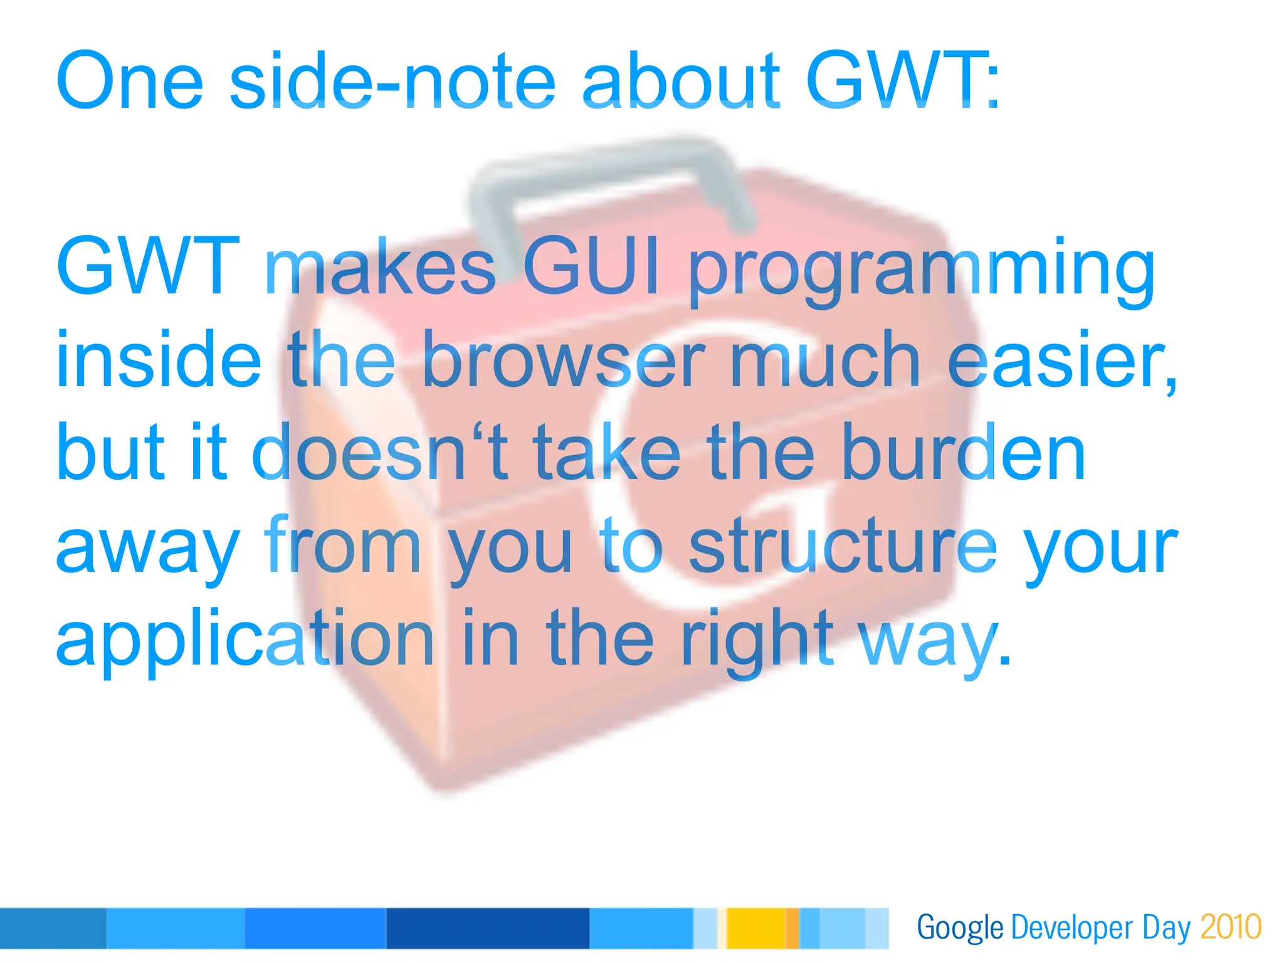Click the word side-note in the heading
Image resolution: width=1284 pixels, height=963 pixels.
pos(392,82)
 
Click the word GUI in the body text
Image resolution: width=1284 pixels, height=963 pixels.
pos(591,266)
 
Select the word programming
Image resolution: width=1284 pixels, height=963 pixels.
pos(922,270)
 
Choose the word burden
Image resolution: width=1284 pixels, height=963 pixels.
pos(963,451)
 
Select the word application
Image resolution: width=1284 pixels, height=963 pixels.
pos(245,639)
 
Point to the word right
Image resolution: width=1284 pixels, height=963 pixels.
pos(757,639)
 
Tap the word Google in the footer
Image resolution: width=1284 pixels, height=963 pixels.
pos(960,928)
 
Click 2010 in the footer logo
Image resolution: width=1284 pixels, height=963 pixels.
pos(1231,927)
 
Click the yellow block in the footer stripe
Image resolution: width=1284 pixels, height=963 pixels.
pos(755,928)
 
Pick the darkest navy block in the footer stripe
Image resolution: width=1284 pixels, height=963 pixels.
pos(488,928)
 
